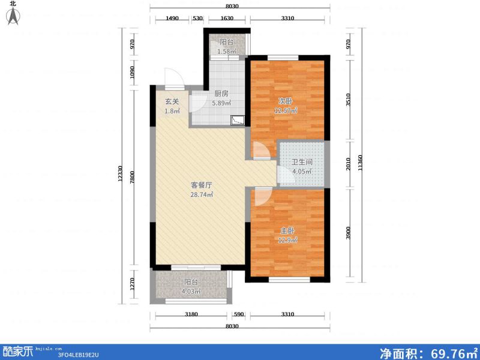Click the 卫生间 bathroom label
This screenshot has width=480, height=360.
click(301, 162)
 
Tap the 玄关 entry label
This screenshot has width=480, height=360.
click(172, 101)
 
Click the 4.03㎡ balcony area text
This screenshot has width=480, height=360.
click(191, 292)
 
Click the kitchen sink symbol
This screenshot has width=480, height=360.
click(238, 120)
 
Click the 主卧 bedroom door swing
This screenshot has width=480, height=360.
click(262, 196)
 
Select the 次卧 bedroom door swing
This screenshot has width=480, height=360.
click(260, 150)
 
